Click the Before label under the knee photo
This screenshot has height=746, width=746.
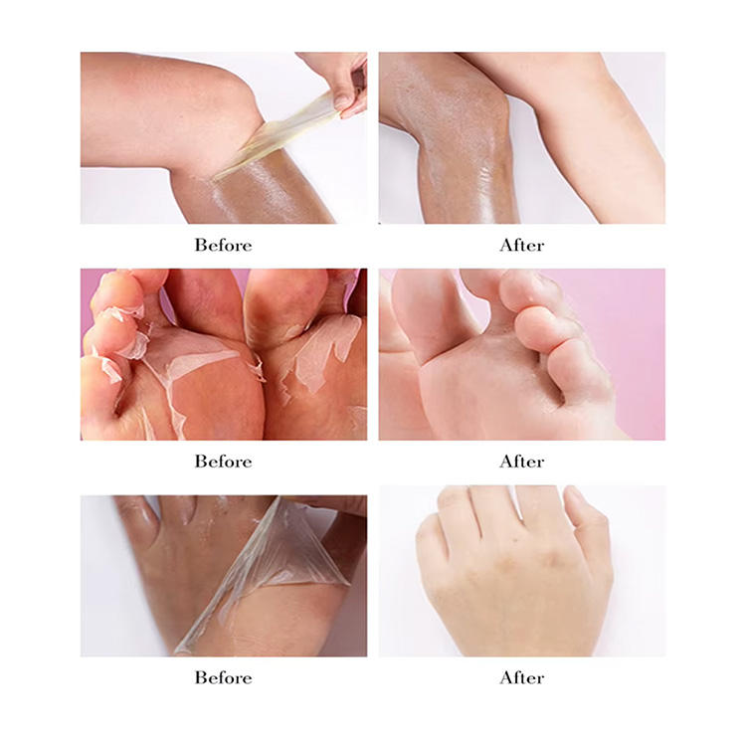click(223, 245)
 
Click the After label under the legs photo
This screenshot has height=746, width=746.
click(522, 245)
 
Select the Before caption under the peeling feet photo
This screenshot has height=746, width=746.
click(223, 461)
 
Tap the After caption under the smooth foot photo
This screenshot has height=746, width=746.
click(522, 461)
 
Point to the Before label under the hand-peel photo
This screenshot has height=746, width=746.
click(223, 677)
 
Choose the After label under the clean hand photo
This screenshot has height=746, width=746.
click(522, 677)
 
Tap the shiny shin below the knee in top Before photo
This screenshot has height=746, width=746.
click(257, 195)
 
